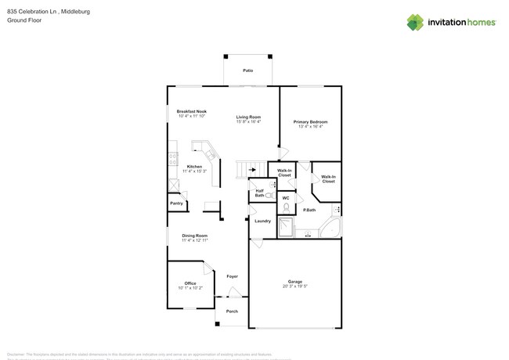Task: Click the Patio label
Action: point(247,70)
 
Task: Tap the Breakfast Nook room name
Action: point(191,112)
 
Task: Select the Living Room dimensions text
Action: point(248,122)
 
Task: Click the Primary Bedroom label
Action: point(310,122)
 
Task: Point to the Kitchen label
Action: point(193,167)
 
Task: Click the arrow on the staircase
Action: point(253,168)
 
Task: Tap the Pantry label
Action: point(177,203)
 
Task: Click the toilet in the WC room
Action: point(287,207)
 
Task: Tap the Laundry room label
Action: point(262,221)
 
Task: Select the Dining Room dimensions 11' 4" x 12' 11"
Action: point(194,240)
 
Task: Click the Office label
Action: point(190,283)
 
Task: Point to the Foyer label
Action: point(232,276)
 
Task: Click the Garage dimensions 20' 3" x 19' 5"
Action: point(295,286)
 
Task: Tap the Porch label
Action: point(232,311)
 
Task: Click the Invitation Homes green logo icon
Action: point(414,23)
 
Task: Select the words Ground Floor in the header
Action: point(24,20)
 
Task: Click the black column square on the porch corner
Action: point(217,324)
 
